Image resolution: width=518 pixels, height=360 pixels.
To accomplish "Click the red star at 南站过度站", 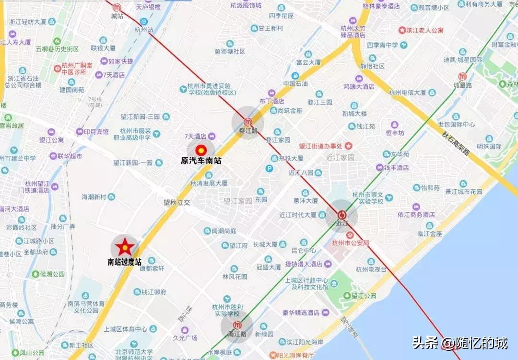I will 125,247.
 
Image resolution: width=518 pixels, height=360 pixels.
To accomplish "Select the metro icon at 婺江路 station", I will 248,121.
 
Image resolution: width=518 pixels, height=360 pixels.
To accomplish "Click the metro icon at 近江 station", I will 342,215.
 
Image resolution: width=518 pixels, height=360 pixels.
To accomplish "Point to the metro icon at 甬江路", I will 236,326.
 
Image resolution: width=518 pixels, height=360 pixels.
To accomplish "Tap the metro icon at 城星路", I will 462,77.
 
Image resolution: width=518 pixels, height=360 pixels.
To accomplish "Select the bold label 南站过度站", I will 125,262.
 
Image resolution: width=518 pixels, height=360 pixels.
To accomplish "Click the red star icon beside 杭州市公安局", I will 351,235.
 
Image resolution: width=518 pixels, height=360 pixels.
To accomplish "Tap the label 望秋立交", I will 177,202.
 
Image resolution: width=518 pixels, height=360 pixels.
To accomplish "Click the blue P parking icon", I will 270,168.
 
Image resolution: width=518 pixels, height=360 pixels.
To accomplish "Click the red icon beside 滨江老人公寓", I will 402,30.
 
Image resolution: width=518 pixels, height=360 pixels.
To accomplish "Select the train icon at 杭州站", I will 144,22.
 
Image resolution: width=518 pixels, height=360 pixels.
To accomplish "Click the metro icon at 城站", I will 117,7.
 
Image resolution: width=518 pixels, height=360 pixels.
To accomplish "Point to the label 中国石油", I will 295,83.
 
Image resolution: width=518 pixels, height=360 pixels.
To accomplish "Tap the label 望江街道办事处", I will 320,146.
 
